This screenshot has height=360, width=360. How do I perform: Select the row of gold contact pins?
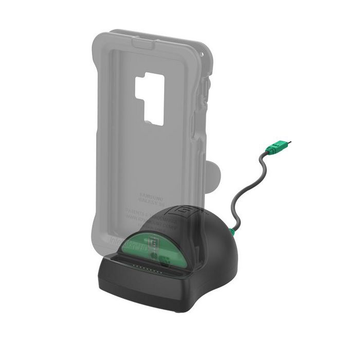click(x=150, y=266)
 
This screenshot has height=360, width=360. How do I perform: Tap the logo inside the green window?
click(x=153, y=243)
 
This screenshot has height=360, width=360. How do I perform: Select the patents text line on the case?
click(x=154, y=212)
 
